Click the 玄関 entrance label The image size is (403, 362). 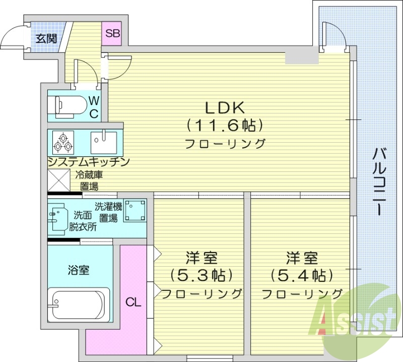45,38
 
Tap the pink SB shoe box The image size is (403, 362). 112,34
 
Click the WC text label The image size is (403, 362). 94,107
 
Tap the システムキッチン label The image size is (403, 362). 89,162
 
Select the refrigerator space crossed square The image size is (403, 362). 58,178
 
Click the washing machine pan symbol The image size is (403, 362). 135,210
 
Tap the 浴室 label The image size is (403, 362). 79,270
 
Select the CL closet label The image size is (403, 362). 133,303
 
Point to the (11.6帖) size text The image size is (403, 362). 225,125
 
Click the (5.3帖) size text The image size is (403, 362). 201,275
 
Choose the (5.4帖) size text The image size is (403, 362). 302,275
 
